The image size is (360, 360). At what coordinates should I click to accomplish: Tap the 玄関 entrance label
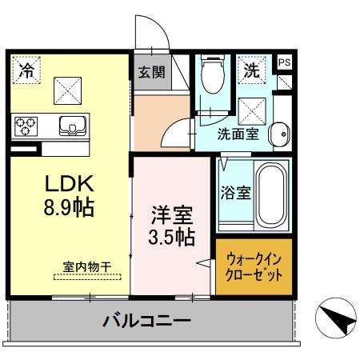click(151, 72)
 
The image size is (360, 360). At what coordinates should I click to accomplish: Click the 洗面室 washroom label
click(238, 134)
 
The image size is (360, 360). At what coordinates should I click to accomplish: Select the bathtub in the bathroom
click(270, 195)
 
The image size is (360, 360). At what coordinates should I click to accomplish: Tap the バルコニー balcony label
click(146, 323)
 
